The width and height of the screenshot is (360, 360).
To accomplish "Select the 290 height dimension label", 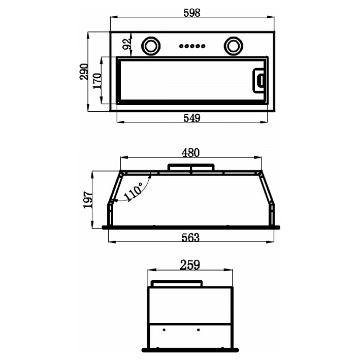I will point(83,72).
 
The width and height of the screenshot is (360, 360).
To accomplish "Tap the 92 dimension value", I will point(127,43).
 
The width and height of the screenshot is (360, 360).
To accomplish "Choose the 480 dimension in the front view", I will point(191,152).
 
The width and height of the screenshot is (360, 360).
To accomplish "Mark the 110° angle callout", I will point(133,193).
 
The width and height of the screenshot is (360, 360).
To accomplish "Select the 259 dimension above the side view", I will point(190,265).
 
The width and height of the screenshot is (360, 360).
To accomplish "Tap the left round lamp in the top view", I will point(150,45).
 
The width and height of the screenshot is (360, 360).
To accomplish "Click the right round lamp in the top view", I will point(234,45).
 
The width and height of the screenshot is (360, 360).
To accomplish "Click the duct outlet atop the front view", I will point(190,168).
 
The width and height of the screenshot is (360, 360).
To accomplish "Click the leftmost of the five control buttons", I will point(180,46).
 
